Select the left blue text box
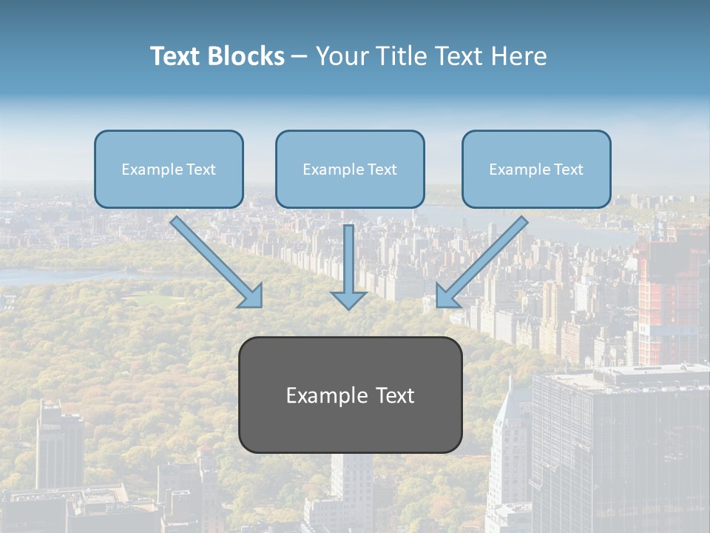pos(169,169)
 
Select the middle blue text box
pos(350,169)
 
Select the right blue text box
pos(536,169)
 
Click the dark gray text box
pos(350,395)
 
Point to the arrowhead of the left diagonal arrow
pos(252,295)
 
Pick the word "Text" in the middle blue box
pos(382,170)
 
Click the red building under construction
pos(669,296)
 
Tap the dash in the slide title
pos(300,56)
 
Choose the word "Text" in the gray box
pos(395,395)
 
